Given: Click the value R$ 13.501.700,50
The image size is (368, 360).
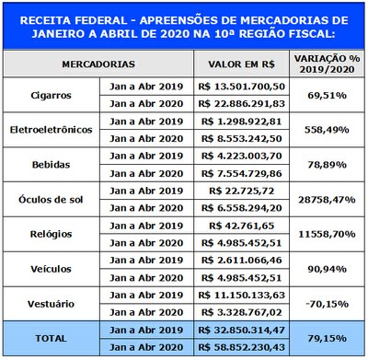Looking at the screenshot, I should tap(241, 87).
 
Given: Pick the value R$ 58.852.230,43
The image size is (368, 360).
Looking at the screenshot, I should tap(241, 346).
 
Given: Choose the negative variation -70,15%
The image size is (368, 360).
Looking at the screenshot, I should tap(326, 302).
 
